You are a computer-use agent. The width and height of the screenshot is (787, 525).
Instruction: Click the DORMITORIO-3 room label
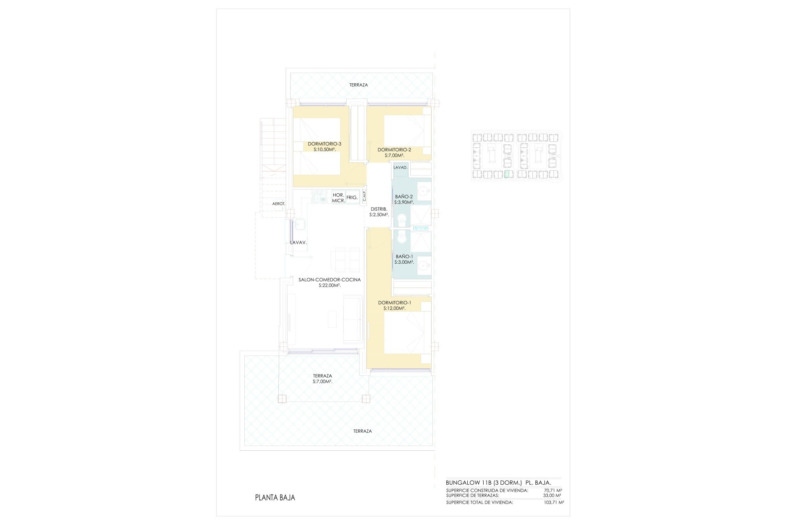[x=325, y=144]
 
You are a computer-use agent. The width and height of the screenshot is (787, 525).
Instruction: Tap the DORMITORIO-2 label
[x=394, y=150]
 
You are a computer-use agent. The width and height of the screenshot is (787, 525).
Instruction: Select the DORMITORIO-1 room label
[x=395, y=303]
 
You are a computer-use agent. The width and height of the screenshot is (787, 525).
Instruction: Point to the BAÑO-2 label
[x=404, y=196]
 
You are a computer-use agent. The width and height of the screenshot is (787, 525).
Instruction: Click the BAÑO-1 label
[x=404, y=256]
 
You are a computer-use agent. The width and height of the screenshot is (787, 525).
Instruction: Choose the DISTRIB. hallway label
[x=378, y=209]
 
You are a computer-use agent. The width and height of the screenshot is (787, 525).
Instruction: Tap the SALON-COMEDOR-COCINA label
[x=330, y=280]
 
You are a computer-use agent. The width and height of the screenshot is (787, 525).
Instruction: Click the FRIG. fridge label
[x=352, y=198]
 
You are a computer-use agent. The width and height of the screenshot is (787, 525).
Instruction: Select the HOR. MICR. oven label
[x=339, y=198]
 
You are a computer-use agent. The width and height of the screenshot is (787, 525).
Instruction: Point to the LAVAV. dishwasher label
[x=298, y=242]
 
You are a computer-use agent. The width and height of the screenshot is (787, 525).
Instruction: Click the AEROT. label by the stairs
[x=278, y=204]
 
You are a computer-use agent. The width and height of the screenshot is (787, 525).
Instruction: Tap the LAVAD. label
[x=400, y=168]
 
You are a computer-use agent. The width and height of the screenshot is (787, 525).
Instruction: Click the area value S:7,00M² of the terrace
[x=322, y=381]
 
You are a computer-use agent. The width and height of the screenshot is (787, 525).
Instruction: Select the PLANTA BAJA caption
[x=275, y=498]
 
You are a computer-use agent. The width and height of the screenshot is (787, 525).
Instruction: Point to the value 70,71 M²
[x=553, y=490]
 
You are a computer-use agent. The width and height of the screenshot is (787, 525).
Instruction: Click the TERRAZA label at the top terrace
[x=359, y=85]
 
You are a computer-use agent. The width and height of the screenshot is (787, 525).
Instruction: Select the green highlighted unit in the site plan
[x=508, y=174]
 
